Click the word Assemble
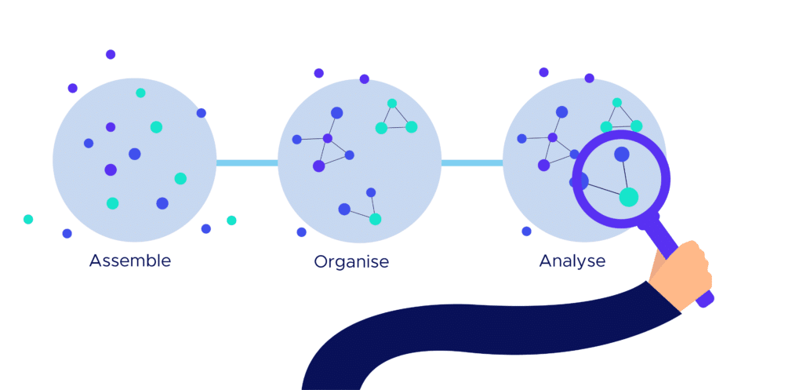click(x=129, y=260)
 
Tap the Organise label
click(x=351, y=261)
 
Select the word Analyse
click(x=572, y=261)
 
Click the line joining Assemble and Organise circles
click(x=247, y=163)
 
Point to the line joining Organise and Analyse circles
click(x=471, y=163)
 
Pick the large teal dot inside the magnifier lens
click(x=628, y=197)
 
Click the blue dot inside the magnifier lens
click(x=621, y=155)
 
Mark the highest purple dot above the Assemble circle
click(x=111, y=54)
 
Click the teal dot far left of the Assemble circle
click(x=28, y=219)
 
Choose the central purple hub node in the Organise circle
click(x=328, y=138)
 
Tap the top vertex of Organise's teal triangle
click(x=392, y=104)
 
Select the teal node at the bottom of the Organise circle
click(x=376, y=219)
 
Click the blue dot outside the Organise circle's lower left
click(x=301, y=232)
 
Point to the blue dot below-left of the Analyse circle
click(x=526, y=231)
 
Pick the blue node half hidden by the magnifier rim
click(x=580, y=181)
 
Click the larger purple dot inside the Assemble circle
click(x=111, y=169)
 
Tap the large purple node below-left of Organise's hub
click(x=318, y=166)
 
